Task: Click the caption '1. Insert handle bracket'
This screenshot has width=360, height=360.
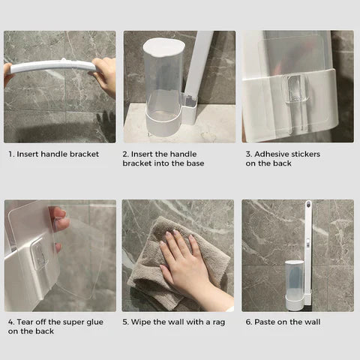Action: (53, 154)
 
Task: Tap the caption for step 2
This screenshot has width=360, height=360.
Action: (163, 158)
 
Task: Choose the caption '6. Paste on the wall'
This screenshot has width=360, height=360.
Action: (283, 322)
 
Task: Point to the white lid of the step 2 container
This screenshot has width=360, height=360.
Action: (160, 45)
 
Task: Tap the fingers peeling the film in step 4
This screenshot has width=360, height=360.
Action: (60, 220)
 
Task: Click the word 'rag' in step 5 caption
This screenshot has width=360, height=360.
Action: (215, 322)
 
